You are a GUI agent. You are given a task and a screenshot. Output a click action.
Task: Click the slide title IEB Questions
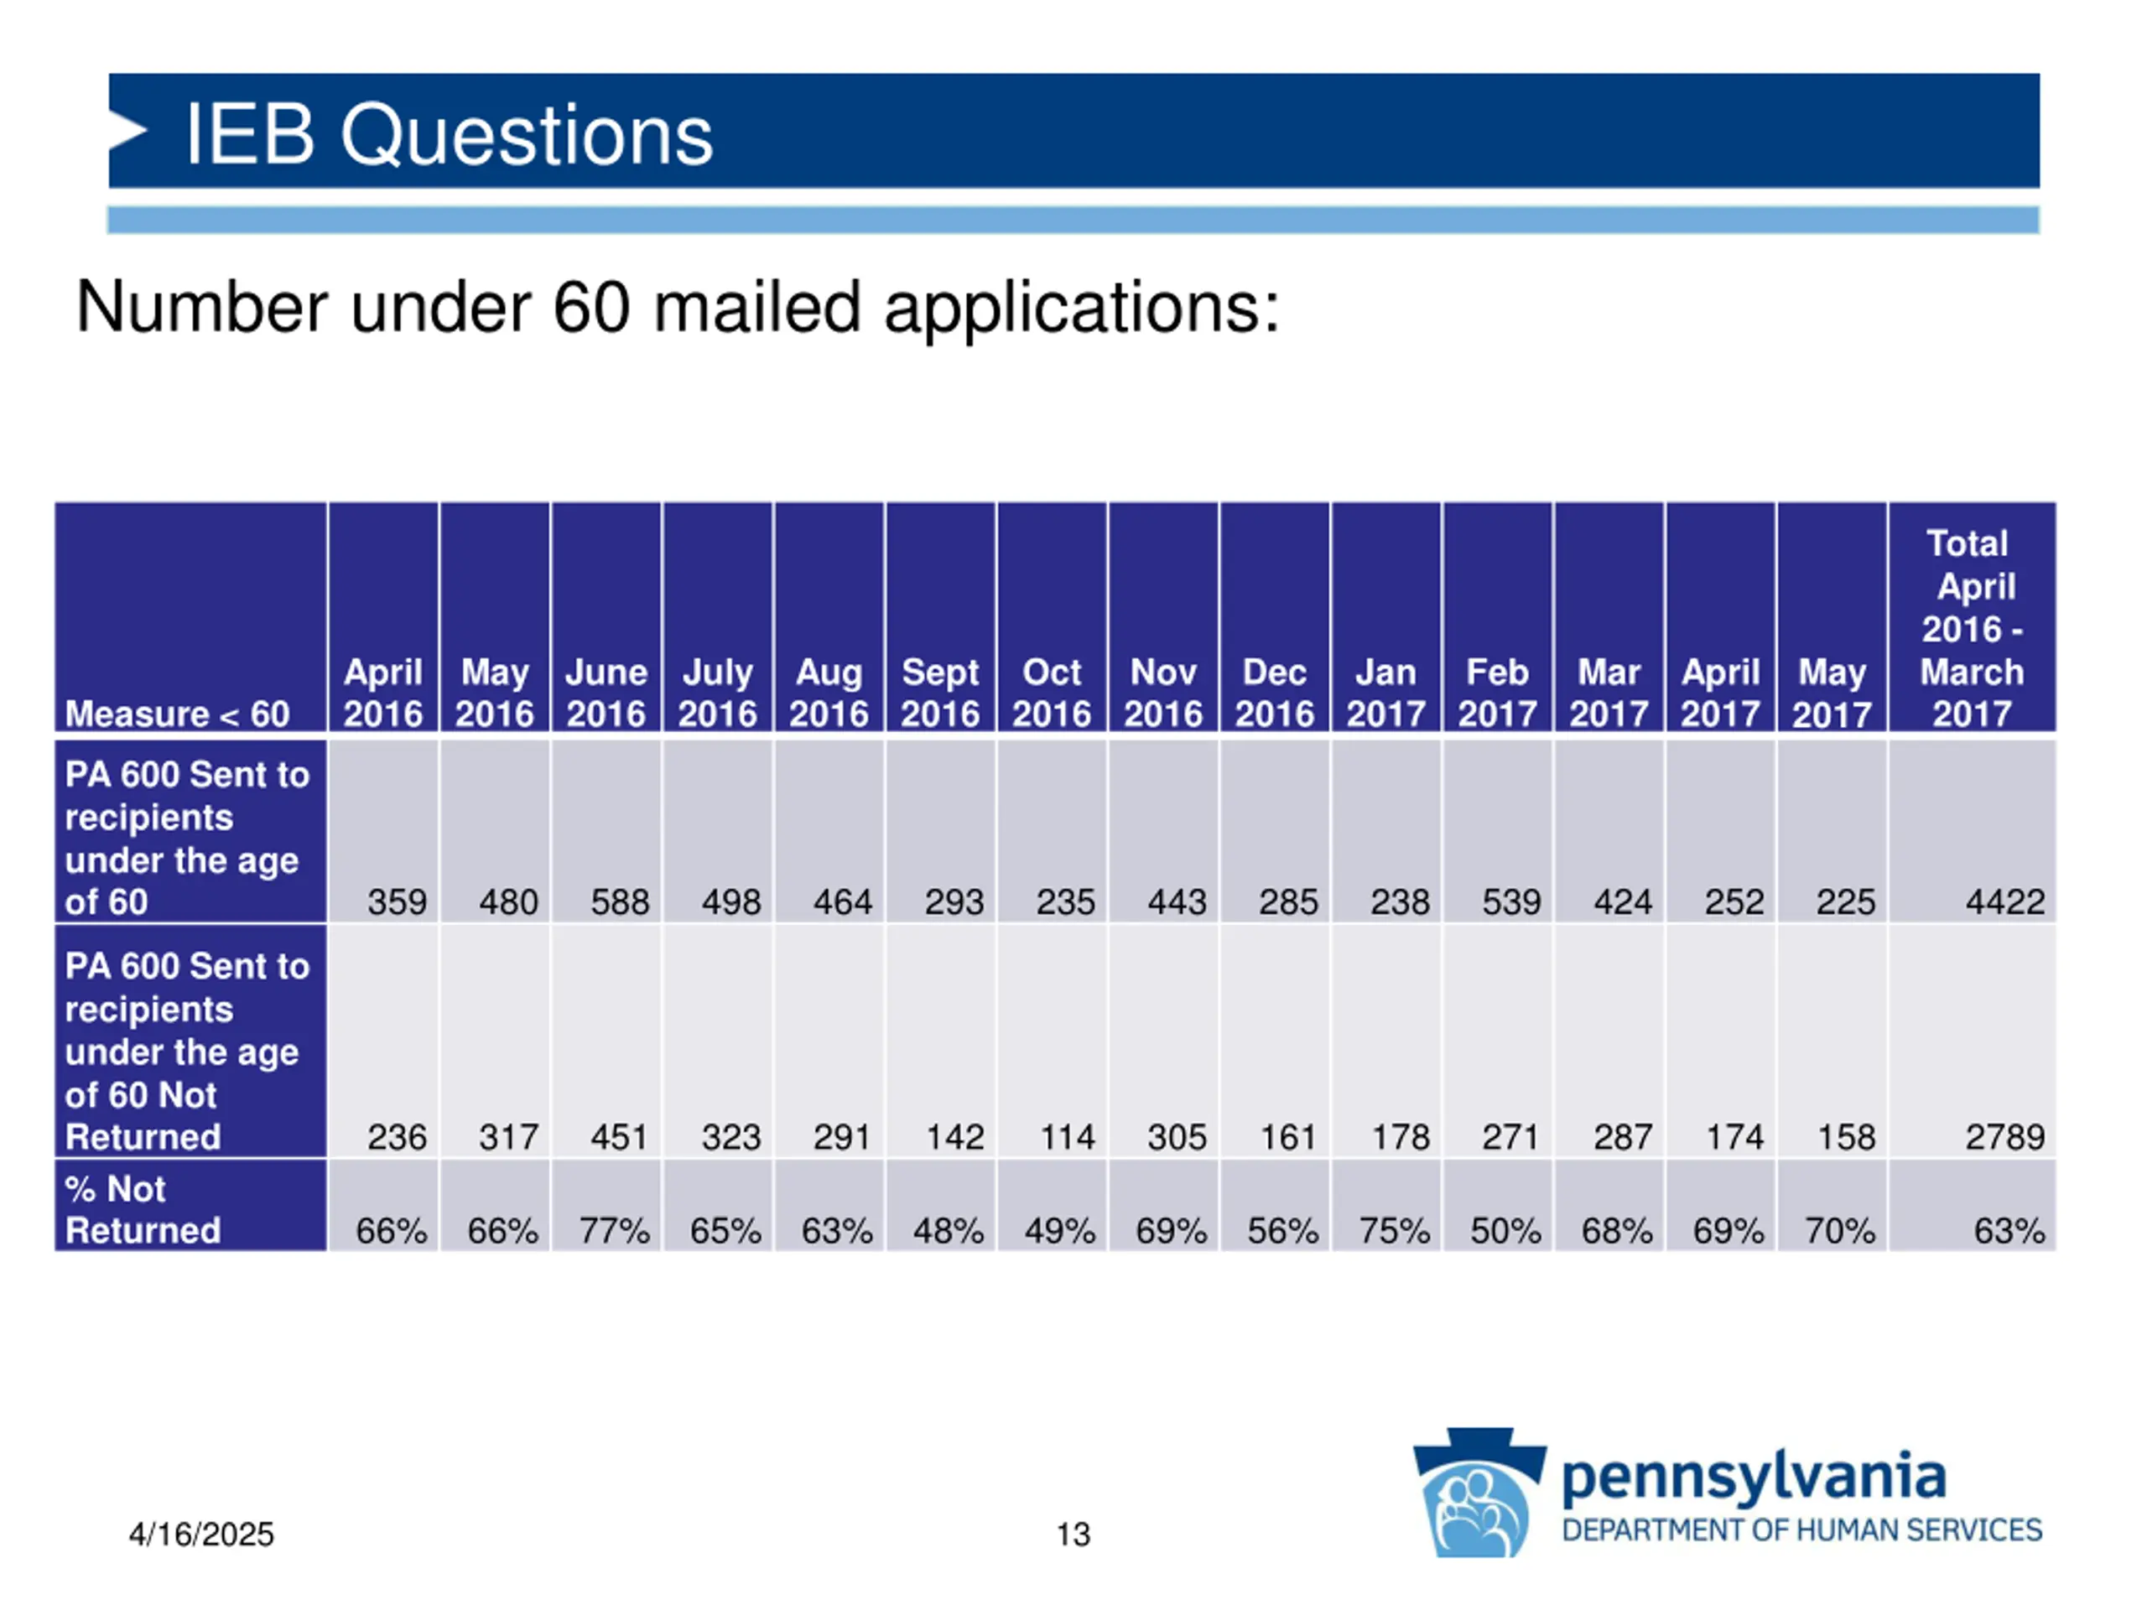pos(449,134)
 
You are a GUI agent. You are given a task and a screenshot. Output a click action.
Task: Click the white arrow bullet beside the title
pos(127,131)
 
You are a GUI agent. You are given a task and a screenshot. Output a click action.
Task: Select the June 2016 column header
pos(606,693)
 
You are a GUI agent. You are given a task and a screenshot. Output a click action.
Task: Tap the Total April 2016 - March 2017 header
pos(1972,628)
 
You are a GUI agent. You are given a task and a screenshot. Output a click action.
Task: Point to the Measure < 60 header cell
pos(178,714)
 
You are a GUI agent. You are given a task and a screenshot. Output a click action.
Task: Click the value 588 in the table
pos(619,902)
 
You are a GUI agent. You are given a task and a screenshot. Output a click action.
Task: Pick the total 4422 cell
pos(2004,902)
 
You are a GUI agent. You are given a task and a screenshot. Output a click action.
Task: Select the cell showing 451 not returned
pos(619,1136)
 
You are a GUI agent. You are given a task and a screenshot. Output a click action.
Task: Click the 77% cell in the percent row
pos(613,1230)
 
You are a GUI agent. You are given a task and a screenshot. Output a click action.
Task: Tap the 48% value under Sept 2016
pos(948,1230)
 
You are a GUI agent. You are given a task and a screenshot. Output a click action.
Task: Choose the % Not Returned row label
pos(143,1209)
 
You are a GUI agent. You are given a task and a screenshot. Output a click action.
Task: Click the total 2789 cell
pos(2004,1136)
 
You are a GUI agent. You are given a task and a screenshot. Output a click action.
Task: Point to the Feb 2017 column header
pos(1497,693)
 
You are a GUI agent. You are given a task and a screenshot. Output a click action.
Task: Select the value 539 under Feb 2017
pos(1510,902)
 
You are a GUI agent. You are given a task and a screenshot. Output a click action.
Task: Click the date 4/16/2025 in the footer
pos(201,1535)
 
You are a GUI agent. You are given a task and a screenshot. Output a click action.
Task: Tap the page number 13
pos(1073,1535)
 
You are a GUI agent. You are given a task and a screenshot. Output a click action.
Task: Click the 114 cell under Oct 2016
pos(1067,1136)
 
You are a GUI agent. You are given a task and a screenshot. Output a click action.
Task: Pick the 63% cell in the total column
pos(2009,1230)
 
